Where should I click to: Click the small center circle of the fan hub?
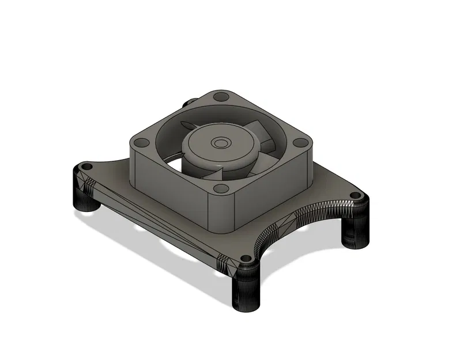pos(220,141)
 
